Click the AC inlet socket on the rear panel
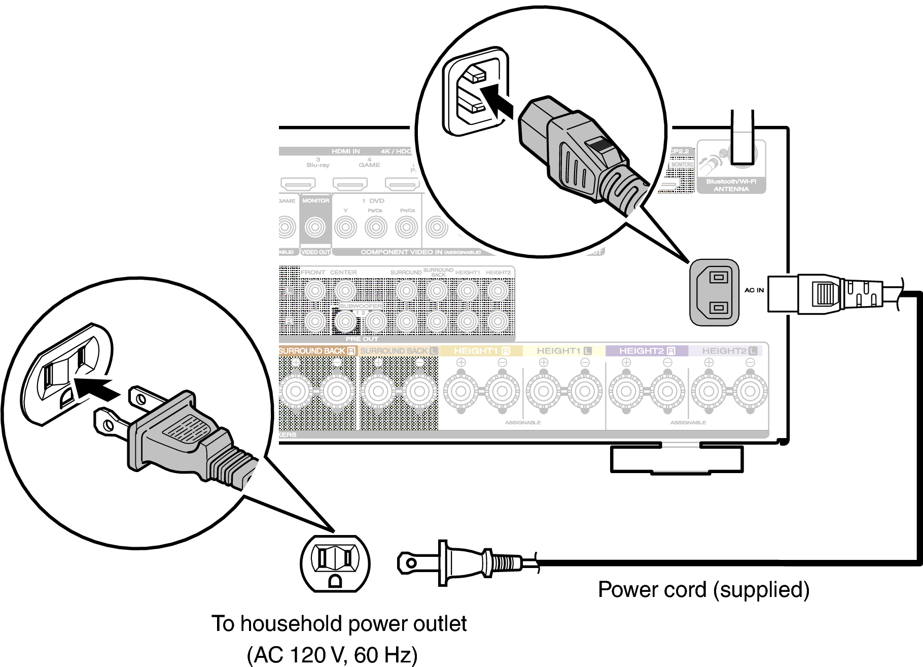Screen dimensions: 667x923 pos(714,292)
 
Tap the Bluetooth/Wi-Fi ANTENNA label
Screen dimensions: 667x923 pos(731,185)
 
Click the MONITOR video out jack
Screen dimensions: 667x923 pos(315,227)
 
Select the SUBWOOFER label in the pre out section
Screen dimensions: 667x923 pos(361,307)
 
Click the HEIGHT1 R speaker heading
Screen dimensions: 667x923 pos(481,351)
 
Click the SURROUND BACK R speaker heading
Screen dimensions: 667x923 pos(316,351)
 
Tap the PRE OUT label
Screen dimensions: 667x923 pos(362,339)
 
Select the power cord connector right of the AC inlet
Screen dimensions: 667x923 pos(832,294)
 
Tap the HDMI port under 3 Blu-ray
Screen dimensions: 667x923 pos(298,183)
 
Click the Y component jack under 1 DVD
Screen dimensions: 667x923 pos(345,227)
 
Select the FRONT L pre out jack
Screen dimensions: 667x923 pos(315,291)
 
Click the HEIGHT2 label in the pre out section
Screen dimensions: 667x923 pos(498,273)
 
